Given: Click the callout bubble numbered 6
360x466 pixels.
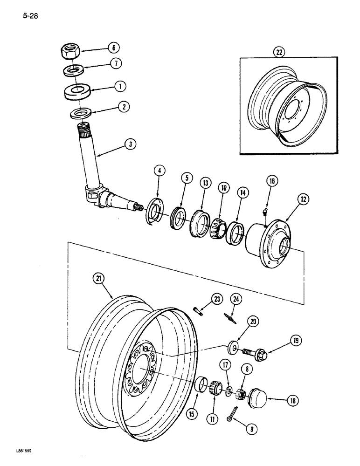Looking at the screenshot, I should (x=112, y=48).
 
